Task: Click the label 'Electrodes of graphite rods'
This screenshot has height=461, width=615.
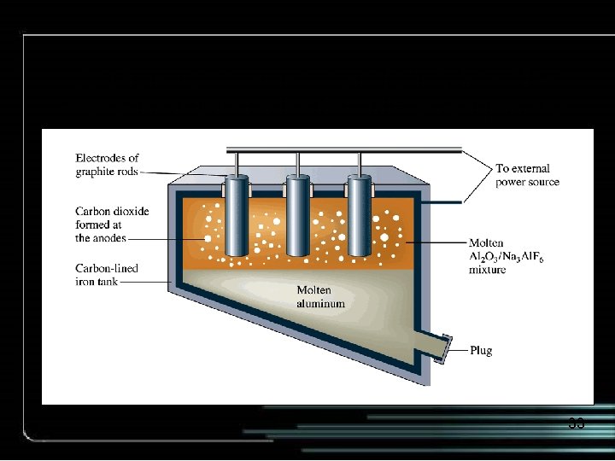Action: pos(107,164)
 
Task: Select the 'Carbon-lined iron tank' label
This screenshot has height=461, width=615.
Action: pos(107,276)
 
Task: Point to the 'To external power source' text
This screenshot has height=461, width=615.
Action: pos(527,175)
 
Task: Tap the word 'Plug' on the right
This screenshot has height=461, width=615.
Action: pos(481,350)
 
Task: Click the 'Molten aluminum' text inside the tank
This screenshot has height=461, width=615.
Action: pos(320,296)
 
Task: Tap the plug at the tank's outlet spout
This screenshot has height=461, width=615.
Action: pos(444,348)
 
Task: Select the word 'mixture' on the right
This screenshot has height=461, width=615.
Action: pos(487,270)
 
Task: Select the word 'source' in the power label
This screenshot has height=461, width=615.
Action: pos(542,182)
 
